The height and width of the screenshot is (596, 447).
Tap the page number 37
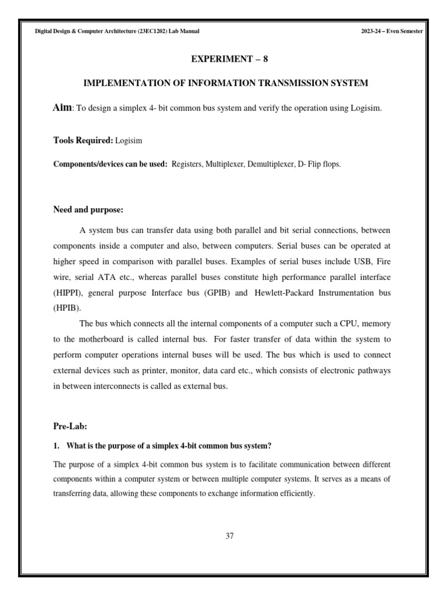pyautogui.click(x=229, y=536)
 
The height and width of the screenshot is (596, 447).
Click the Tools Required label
pyautogui.click(x=83, y=140)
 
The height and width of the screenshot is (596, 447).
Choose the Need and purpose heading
pyautogui.click(x=88, y=209)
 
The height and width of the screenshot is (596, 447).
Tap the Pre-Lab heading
pyautogui.click(x=70, y=426)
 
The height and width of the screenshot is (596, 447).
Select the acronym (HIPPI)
pyautogui.click(x=69, y=292)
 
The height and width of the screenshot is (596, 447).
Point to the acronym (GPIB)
pyautogui.click(x=218, y=292)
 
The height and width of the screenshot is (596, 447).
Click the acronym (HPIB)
pyautogui.click(x=68, y=308)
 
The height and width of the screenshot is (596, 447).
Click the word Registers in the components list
pyautogui.click(x=187, y=164)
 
